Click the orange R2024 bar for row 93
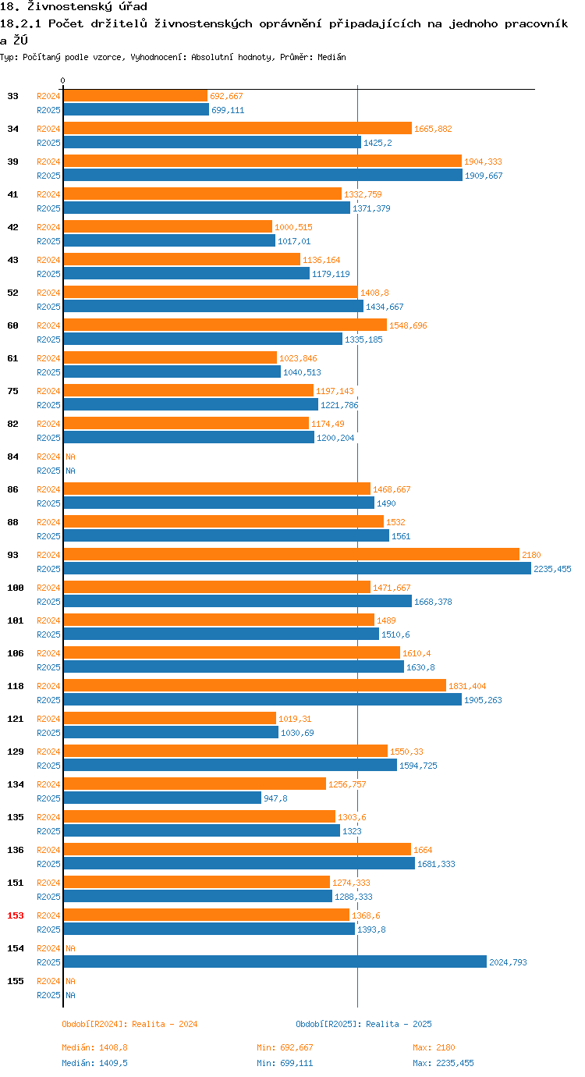[x=291, y=554]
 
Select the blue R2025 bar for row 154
[x=275, y=961]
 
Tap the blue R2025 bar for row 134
[x=162, y=798]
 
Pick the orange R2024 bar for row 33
[x=135, y=95]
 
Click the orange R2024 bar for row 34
[x=237, y=128]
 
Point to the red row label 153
[x=16, y=915]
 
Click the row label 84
[x=13, y=457]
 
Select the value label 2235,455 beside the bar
[x=552, y=569]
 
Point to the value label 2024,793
[x=508, y=962]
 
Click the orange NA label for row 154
[x=70, y=948]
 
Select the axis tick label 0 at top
[x=63, y=80]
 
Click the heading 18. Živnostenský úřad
[x=73, y=7]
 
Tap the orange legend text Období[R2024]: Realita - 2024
[x=129, y=1024]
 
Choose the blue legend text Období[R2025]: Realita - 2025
[x=363, y=1024]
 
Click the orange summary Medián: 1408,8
[x=94, y=1047]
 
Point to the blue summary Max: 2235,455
[x=443, y=1063]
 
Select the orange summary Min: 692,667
[x=285, y=1047]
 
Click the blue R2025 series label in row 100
[x=48, y=602]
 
